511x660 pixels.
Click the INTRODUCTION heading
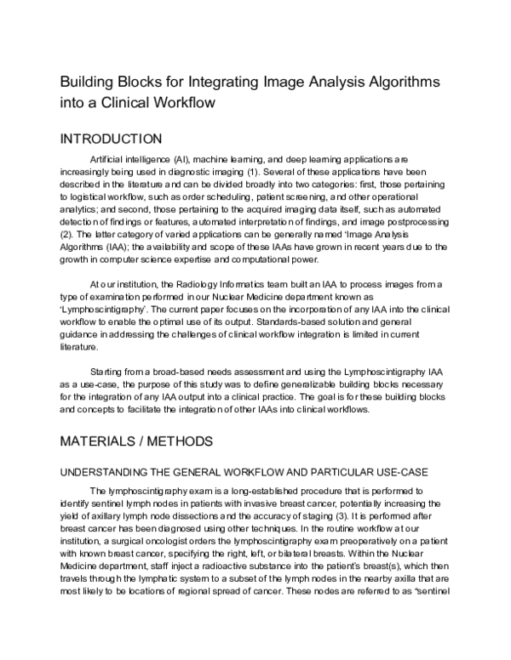110,139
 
